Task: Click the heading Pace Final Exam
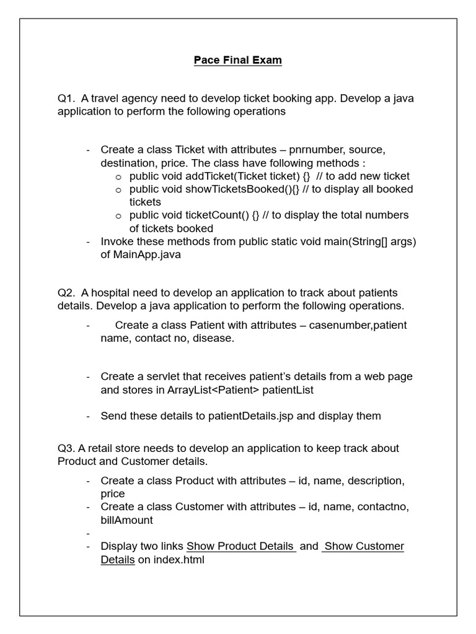[x=238, y=60]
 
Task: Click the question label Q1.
[x=66, y=98]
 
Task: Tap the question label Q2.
[x=66, y=292]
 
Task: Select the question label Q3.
[x=66, y=448]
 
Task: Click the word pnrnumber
[x=315, y=150]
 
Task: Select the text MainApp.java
[x=141, y=254]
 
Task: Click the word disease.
[x=214, y=338]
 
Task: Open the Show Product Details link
[x=240, y=546]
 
